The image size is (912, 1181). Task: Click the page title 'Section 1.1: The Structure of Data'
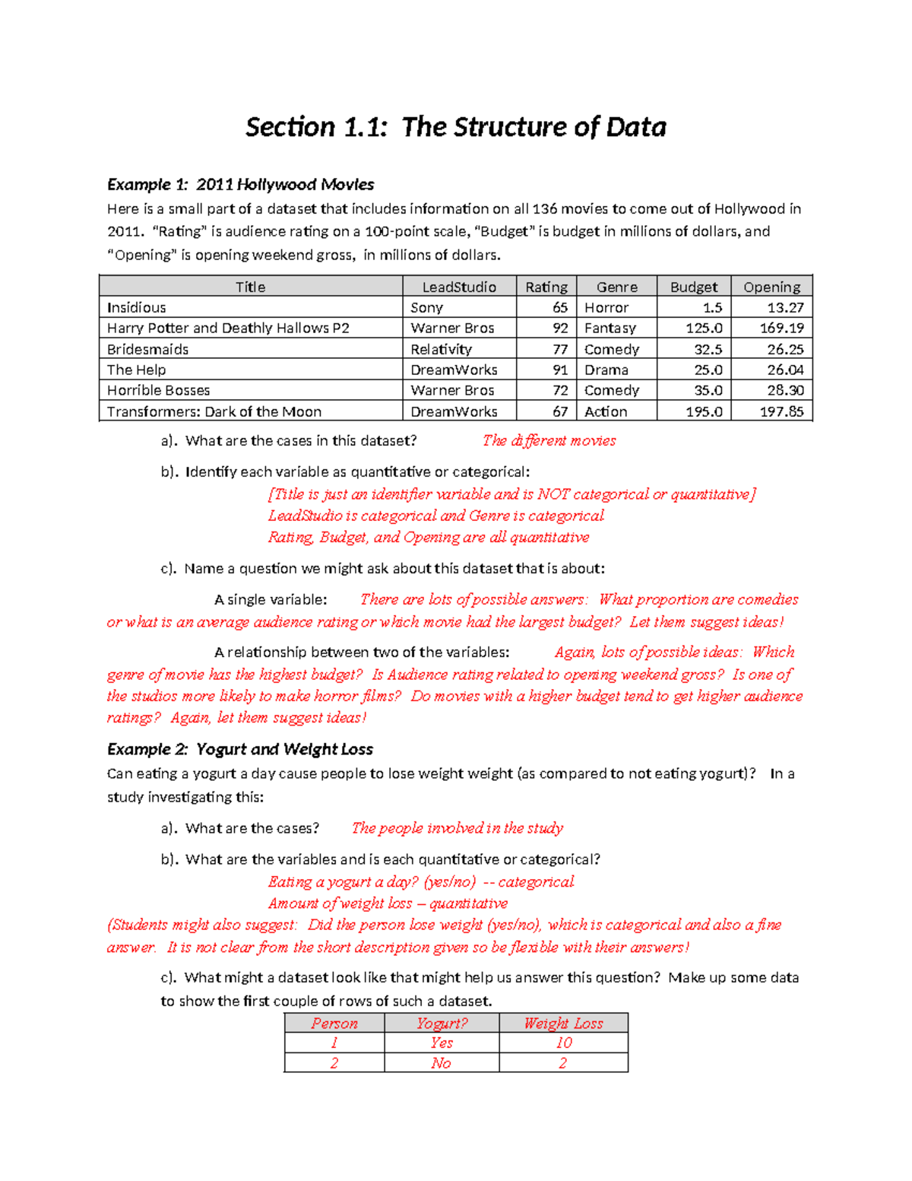pos(455,127)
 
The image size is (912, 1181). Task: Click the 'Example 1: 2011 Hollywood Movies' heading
pos(240,185)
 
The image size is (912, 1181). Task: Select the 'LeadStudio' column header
pos(459,287)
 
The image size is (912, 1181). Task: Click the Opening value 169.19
pos(781,329)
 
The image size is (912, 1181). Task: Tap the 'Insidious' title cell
pos(137,308)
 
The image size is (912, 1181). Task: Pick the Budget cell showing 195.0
pos(704,411)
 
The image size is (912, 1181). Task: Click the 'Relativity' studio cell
pos(441,349)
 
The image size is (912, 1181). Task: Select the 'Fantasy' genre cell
pos(610,329)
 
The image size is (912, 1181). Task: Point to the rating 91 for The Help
pos(560,370)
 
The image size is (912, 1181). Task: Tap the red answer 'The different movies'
pos(549,440)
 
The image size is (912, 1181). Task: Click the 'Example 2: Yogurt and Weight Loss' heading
pos(240,750)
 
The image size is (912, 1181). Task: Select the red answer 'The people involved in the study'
pos(457,828)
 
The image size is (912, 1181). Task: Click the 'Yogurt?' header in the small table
pos(442,1024)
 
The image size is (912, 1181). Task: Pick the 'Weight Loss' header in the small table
pos(563,1024)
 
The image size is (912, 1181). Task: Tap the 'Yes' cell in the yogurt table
pos(442,1043)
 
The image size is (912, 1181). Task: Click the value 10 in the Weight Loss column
pos(563,1043)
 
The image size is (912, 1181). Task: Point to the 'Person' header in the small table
pos(334,1024)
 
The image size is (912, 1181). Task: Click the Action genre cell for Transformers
pos(606,411)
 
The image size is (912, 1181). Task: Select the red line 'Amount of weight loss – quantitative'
pos(388,903)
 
